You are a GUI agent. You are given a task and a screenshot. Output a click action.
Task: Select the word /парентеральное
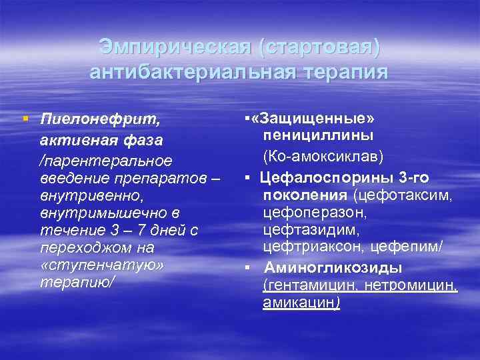click(x=106, y=161)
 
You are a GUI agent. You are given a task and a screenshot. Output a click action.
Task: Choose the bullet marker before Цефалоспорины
click(x=247, y=178)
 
